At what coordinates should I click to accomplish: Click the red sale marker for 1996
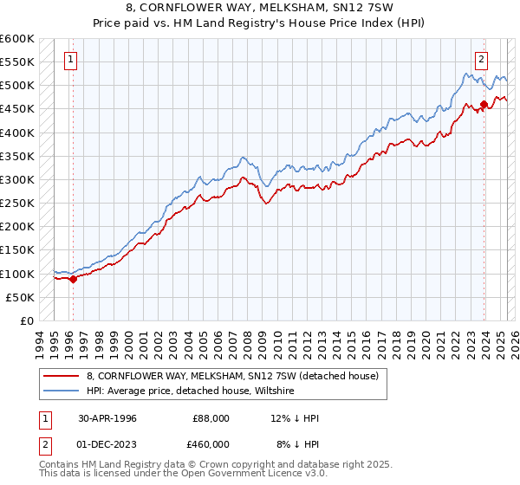point(74,279)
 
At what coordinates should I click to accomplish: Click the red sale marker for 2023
point(484,105)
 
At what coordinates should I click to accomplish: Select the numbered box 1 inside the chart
point(69,60)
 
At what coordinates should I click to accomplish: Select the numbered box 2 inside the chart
point(480,60)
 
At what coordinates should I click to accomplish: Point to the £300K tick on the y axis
point(17,179)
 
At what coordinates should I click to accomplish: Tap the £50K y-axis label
point(21,297)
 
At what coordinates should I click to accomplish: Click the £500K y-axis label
point(17,85)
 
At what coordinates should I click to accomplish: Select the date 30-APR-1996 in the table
point(107,418)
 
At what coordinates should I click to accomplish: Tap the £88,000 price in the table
point(211,418)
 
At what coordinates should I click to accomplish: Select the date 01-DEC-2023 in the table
point(107,444)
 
